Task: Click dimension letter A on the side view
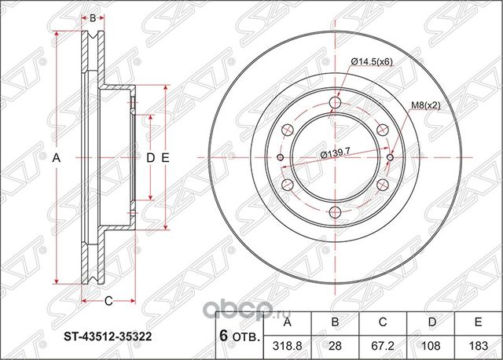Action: (57, 158)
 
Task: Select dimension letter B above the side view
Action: (93, 17)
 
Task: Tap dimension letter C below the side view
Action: (109, 299)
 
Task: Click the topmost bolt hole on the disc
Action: (336, 104)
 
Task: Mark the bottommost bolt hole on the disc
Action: (336, 211)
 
